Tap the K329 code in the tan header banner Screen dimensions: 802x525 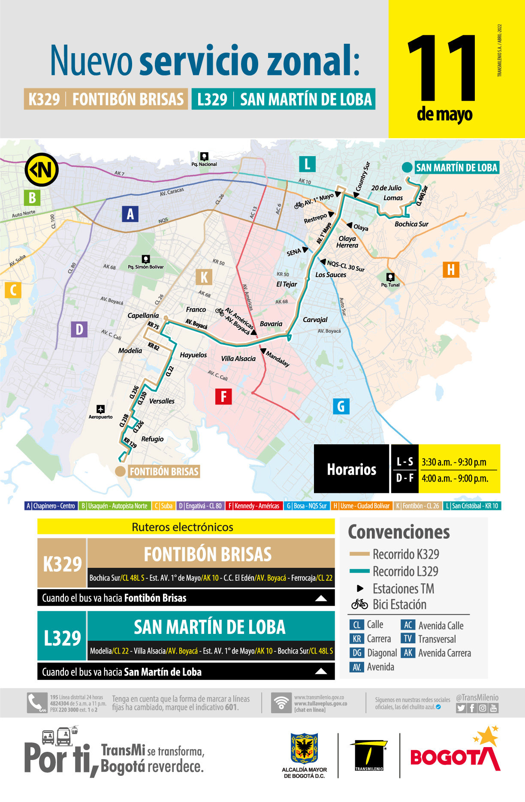click(44, 99)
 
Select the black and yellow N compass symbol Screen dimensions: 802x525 click(42, 169)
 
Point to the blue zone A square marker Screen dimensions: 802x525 click(130, 214)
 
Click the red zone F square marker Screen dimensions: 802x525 click(223, 397)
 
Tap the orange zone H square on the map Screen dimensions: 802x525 click(451, 270)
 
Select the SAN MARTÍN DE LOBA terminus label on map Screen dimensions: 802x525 click(456, 168)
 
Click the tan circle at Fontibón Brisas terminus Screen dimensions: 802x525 click(121, 471)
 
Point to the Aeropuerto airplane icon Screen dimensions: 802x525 click(100, 409)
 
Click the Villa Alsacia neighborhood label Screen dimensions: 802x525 click(238, 359)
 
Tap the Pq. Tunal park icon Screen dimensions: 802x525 click(390, 277)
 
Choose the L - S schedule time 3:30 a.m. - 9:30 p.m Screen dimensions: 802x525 click(454, 462)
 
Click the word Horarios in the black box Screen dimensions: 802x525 click(351, 469)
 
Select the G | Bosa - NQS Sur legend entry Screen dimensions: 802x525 click(307, 506)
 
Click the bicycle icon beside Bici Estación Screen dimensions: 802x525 click(359, 604)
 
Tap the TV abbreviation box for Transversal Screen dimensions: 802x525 click(408, 639)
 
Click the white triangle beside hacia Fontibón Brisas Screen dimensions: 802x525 click(321, 598)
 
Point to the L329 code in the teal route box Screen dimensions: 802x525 click(62, 638)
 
